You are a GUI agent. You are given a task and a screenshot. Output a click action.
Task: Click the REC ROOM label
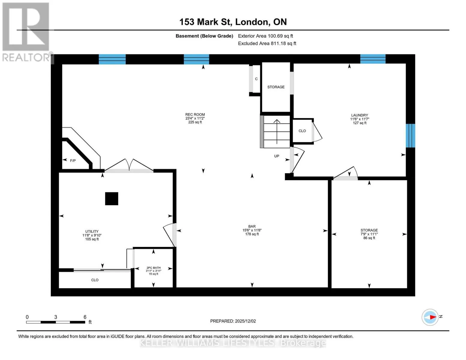click(195, 115)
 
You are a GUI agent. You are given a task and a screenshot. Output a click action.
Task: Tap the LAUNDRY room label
click(359, 115)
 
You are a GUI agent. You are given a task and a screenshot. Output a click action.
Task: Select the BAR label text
click(252, 226)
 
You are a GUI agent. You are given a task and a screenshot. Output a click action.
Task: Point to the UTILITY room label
click(92, 232)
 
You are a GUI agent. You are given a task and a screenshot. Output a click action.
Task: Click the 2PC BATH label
click(154, 268)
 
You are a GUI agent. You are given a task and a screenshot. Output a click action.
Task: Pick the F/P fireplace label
click(73, 160)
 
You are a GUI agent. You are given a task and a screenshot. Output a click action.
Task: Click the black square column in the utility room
click(112, 199)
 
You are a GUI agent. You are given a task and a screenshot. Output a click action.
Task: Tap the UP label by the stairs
click(277, 156)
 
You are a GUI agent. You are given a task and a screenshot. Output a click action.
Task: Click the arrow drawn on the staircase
click(277, 132)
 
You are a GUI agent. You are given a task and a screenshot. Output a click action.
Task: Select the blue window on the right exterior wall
click(410, 136)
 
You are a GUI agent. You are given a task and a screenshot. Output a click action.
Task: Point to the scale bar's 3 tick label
click(56, 317)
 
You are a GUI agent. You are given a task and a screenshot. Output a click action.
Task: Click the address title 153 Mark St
click(206, 22)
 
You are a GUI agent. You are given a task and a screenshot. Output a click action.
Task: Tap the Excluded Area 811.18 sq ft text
click(267, 43)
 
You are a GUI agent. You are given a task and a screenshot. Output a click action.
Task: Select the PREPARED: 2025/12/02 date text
click(233, 321)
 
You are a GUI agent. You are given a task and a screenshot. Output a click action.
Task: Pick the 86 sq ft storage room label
click(369, 238)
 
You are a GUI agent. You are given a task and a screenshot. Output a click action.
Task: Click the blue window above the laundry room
click(373, 59)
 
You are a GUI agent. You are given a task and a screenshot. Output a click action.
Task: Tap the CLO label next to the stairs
click(302, 131)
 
